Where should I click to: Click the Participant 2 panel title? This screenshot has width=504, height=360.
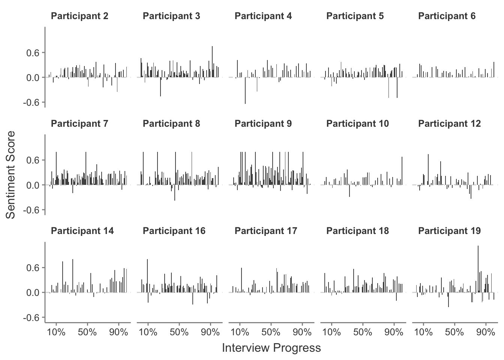pos(79,16)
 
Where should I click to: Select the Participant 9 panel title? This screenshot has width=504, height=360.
pos(263,124)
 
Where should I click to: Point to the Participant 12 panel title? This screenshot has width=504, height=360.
pos(449,124)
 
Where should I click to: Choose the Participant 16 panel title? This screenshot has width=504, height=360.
pos(174,231)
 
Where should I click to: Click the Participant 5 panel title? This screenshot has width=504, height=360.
pos(355,16)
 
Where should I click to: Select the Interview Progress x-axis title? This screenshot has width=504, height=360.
pos(271,348)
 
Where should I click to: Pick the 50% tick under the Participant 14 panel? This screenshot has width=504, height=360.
pos(87,332)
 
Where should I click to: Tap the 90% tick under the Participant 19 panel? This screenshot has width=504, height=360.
pos(486,332)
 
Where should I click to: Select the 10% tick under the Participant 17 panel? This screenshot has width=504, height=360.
pos(240,332)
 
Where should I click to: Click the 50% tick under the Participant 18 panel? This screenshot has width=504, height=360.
pos(363,332)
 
